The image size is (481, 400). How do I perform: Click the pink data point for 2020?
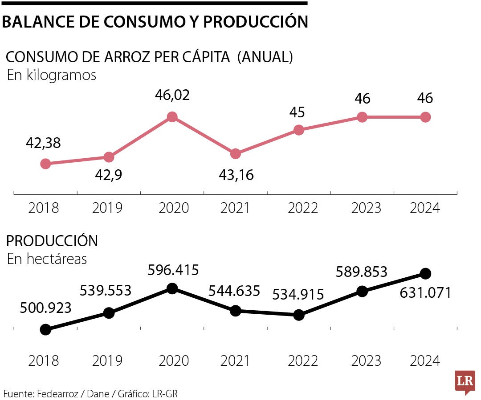[x=172, y=117]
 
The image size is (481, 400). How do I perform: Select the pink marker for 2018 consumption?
[x=45, y=164]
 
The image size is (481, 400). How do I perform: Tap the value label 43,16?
[x=236, y=175]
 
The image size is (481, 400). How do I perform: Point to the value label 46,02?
[x=172, y=95]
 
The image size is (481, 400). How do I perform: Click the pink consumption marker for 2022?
[x=299, y=130]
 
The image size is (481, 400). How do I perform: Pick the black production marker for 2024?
[x=425, y=273]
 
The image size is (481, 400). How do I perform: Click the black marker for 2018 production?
[x=45, y=329]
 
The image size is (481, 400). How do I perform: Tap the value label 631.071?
[x=425, y=292]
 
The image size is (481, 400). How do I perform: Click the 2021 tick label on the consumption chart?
[x=236, y=208]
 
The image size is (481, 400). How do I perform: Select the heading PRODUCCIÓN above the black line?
[x=52, y=241]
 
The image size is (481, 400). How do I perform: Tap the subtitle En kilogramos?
[x=52, y=75]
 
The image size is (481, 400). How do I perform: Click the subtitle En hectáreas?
[x=47, y=259]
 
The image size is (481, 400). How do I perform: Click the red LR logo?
[x=465, y=382]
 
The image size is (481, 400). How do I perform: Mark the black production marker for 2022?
[x=299, y=315]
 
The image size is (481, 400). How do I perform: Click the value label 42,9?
[x=109, y=175]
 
